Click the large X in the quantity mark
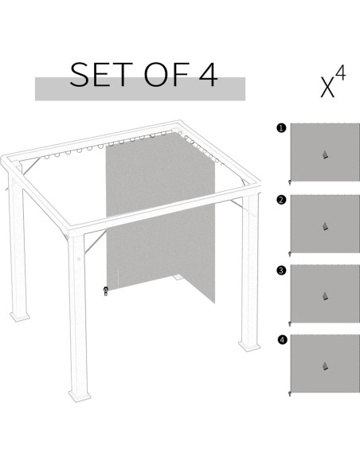[327, 86]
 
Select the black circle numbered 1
[281, 127]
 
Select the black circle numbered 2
[281, 201]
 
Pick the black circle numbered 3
[281, 271]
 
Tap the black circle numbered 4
[281, 341]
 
